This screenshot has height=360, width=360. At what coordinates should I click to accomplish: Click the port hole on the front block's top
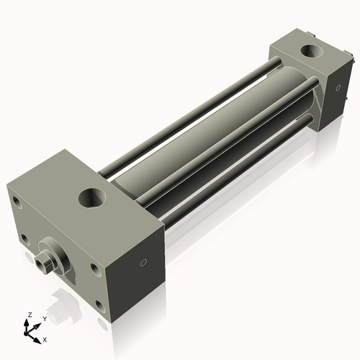(94, 195)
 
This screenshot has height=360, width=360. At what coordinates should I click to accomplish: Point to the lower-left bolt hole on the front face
(25, 238)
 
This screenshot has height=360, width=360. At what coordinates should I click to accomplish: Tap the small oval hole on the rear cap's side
(334, 87)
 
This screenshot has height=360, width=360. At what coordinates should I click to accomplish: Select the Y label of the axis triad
(44, 318)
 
